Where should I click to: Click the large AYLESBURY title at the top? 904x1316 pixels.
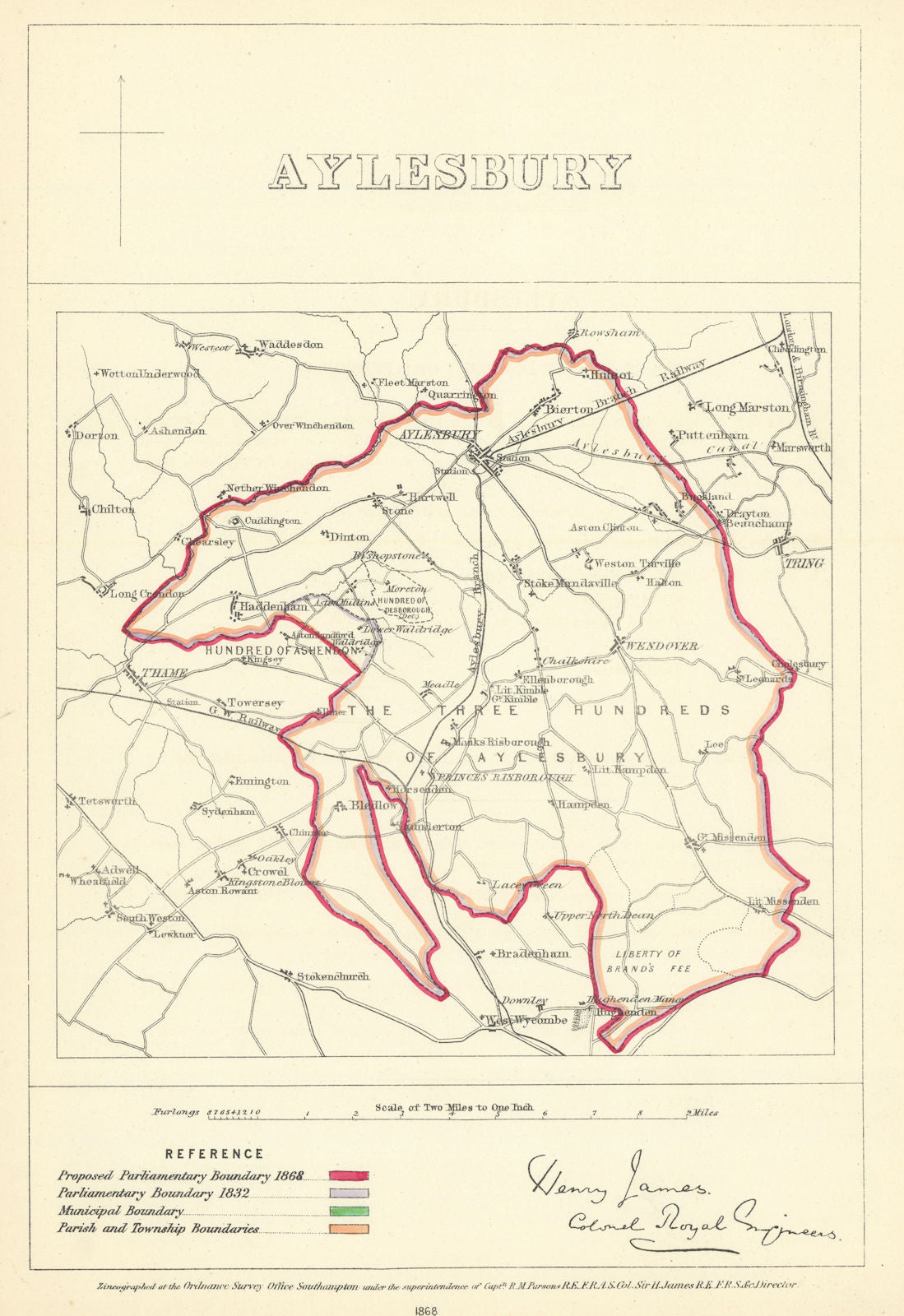tap(450, 172)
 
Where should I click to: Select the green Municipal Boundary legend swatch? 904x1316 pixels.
tap(350, 1211)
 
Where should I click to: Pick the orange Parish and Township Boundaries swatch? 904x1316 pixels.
tap(350, 1229)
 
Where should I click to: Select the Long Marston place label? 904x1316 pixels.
tap(747, 407)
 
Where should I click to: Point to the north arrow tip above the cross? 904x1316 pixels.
tap(121, 76)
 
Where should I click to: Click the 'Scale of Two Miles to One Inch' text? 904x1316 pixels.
tap(454, 1107)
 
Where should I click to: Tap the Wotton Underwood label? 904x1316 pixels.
tap(151, 373)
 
